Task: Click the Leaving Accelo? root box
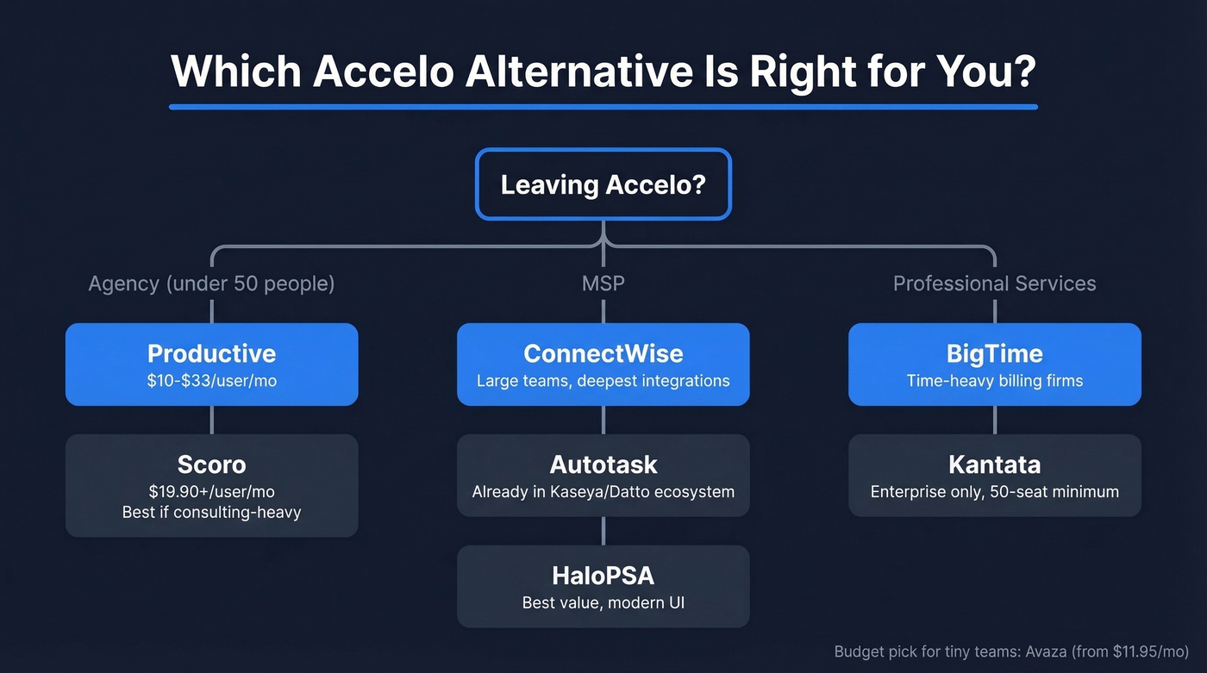(x=603, y=184)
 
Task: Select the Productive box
(x=211, y=364)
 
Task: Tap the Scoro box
(x=211, y=485)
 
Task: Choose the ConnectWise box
(x=603, y=364)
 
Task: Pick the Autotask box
(x=603, y=475)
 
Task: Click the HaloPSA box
(x=603, y=586)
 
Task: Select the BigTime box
(x=994, y=364)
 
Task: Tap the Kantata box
(x=994, y=475)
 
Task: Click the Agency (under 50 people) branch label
(x=211, y=284)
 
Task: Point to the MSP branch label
(x=603, y=284)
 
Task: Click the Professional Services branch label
(x=994, y=284)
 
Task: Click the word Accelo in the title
(x=383, y=72)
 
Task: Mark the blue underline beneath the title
(x=603, y=107)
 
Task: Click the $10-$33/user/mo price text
(x=211, y=380)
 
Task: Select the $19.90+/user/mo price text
(x=211, y=491)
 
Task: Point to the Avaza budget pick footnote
(x=1011, y=651)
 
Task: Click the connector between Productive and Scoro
(x=211, y=420)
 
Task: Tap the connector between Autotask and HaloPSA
(x=603, y=531)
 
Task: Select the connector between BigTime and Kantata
(x=994, y=420)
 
